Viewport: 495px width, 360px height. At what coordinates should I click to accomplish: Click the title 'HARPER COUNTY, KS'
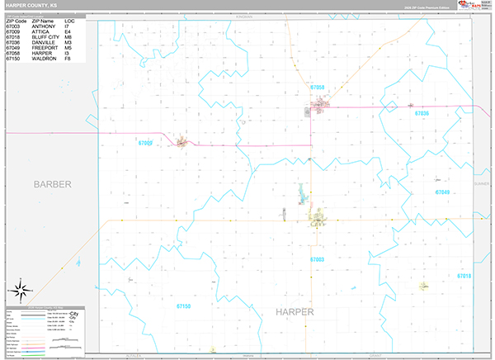coord(31,5)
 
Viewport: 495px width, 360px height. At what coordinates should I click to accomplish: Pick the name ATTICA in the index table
coord(42,31)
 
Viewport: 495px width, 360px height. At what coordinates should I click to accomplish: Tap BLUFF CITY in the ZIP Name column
coord(46,37)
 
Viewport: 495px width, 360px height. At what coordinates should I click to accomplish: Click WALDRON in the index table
coord(44,59)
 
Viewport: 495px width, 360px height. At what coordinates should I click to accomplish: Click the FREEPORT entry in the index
coord(45,48)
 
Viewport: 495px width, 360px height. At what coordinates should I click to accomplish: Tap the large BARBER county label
coord(53,183)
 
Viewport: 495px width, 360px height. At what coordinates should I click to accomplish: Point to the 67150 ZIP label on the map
coord(183,306)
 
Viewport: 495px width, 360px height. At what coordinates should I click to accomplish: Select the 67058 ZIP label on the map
coord(318,87)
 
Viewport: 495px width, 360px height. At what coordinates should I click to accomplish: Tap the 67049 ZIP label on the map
coord(442,192)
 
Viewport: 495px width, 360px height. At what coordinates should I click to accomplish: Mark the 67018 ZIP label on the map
coord(464,276)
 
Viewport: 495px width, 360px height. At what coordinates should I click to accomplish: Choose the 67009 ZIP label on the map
coord(145,143)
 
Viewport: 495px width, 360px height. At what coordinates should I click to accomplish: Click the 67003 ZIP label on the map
coord(318,259)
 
